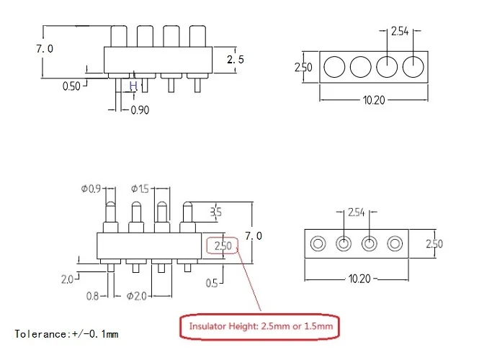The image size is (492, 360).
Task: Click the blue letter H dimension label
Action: (133, 86)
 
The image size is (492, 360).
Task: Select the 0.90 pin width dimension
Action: (140, 110)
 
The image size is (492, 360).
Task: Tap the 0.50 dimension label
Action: (71, 86)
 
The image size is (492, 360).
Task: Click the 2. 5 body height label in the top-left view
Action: (236, 59)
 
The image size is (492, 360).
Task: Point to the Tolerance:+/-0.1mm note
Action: (66, 334)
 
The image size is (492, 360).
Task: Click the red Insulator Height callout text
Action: (261, 326)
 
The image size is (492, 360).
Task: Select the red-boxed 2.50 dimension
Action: (223, 246)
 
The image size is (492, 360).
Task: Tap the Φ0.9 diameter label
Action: (91, 189)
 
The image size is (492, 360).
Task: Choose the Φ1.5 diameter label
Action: (140, 189)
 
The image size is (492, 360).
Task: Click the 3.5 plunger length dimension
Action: (216, 212)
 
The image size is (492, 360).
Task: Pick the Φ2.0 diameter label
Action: (136, 296)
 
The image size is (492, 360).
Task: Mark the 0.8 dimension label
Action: (92, 296)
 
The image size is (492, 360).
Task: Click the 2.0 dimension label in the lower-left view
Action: (67, 279)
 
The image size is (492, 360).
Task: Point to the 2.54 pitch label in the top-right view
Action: (400, 32)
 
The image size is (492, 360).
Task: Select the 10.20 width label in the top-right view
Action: (374, 100)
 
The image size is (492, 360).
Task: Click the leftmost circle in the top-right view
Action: (334, 67)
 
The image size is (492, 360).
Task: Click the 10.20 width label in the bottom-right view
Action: (359, 279)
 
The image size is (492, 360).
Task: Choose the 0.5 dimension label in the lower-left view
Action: (212, 284)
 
